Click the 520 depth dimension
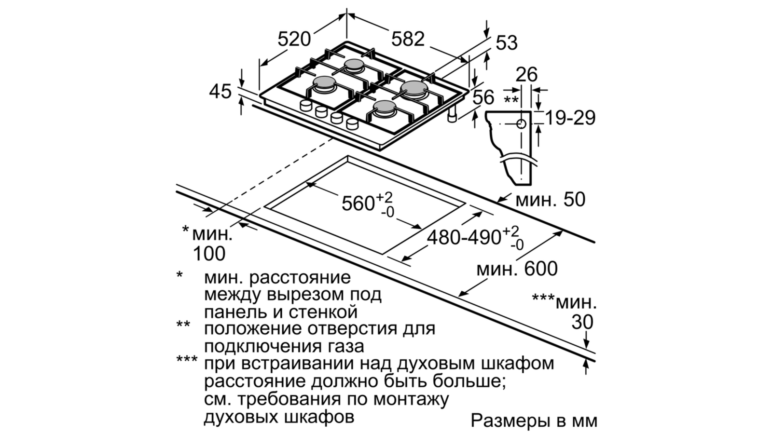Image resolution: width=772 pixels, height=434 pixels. click(x=294, y=38)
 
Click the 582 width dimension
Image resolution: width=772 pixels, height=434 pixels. click(x=408, y=38)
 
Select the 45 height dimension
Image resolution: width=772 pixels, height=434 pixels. click(x=221, y=91)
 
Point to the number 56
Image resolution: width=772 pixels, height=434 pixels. click(x=483, y=98)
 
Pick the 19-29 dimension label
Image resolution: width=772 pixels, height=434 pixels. click(x=570, y=117)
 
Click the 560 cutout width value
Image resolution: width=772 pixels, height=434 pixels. click(x=358, y=203)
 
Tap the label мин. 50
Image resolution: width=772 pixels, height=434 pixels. click(x=550, y=199)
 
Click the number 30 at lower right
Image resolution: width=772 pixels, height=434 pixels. click(x=582, y=323)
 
